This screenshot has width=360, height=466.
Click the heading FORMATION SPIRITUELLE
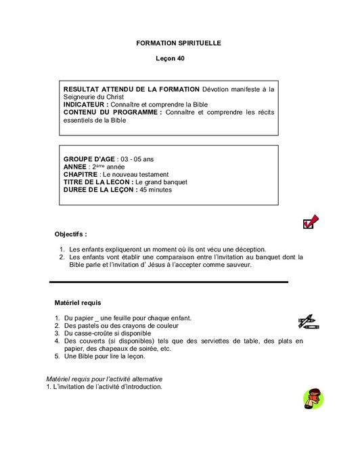pos(179,43)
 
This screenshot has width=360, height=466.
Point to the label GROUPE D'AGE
pos(89,158)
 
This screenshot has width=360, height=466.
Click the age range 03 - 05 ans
pos(136,158)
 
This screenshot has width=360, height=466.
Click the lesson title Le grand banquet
pos(162,182)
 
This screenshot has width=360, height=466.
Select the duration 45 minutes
pos(156,190)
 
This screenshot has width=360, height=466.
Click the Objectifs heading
pos(70,234)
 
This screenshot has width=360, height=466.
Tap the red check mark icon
pos(311,221)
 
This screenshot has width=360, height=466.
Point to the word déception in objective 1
pos(250,249)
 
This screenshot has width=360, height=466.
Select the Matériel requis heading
pos(78,302)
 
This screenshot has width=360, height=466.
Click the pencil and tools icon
pos(308,320)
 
